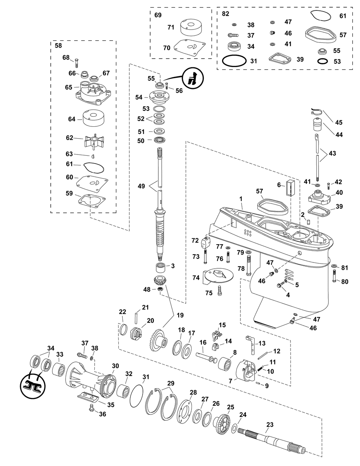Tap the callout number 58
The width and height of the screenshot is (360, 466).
click(58, 46)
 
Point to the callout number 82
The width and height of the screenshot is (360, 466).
click(225, 14)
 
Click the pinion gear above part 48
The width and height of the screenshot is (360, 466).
click(159, 280)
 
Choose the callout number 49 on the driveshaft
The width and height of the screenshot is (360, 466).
click(141, 186)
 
